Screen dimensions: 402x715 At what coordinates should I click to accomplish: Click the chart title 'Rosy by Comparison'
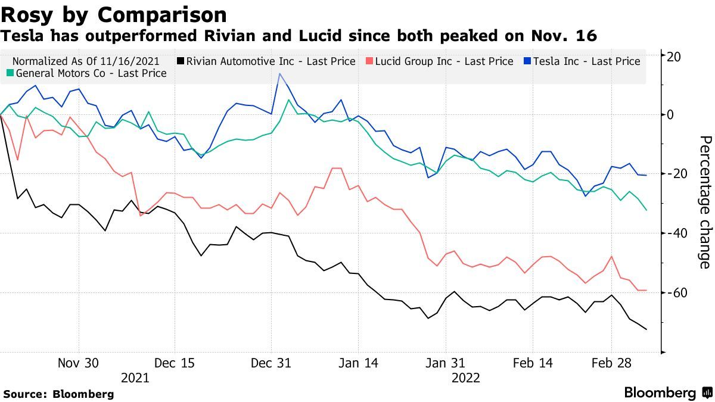114,14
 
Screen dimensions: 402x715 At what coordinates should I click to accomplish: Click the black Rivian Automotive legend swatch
181,61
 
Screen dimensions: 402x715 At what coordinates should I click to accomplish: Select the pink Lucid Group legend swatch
370,61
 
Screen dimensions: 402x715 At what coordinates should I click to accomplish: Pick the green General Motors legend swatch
10,74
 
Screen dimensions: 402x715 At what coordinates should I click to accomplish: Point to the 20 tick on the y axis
674,56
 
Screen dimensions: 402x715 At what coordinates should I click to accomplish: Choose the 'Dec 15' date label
175,363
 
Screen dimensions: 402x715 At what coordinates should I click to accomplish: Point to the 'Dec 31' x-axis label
271,363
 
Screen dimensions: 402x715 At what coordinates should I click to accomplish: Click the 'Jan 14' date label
358,363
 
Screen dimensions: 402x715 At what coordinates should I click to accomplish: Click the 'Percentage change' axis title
704,202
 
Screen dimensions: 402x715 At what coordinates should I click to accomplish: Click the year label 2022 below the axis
465,378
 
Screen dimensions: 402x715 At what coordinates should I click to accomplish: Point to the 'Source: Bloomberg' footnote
58,394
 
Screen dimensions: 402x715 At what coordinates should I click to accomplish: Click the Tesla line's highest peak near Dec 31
279,74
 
